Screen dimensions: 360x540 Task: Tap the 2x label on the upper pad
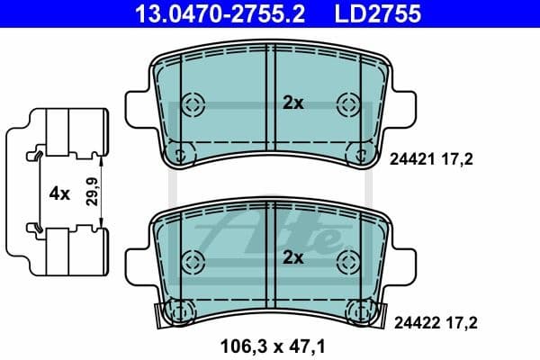coord(293,103)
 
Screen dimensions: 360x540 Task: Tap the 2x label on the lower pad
coord(293,258)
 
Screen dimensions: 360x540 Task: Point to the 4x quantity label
coord(58,193)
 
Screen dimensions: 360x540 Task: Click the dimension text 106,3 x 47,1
coord(269,343)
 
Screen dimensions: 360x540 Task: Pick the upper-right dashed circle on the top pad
coord(347,103)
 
